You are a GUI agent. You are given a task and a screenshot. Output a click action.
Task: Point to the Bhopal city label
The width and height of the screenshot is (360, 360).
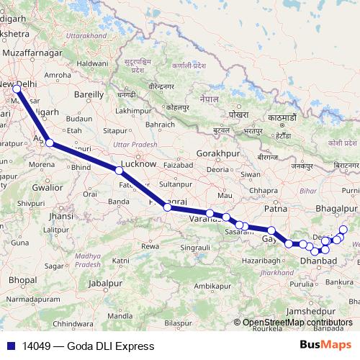click(x=23, y=279)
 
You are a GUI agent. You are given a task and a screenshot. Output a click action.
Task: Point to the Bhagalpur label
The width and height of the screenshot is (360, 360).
click(x=336, y=209)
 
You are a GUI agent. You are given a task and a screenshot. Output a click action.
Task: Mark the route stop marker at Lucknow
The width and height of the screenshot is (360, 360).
click(x=118, y=171)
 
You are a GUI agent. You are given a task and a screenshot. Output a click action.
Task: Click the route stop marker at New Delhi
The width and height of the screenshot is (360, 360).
click(x=19, y=86)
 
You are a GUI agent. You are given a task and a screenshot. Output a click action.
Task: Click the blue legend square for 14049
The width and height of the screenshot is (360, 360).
click(x=8, y=346)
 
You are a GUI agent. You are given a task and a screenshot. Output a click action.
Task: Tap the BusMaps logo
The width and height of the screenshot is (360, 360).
click(x=326, y=346)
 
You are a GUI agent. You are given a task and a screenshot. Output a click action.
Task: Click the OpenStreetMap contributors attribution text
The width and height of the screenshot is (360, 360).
click(x=297, y=323)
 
